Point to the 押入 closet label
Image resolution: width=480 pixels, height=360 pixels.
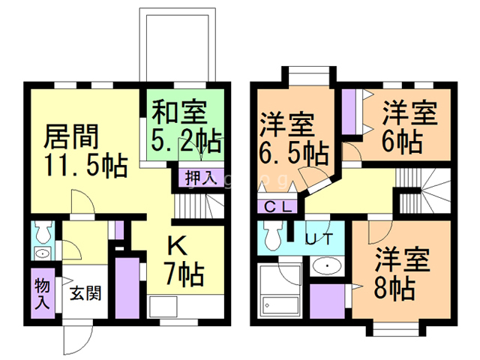click(199, 178)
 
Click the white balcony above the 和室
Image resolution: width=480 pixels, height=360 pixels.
click(178, 45)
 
